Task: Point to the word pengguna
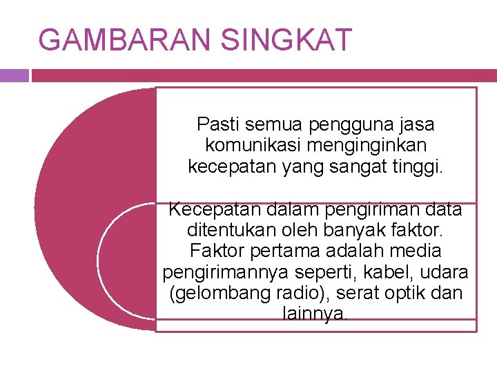coord(342,124)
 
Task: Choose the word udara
coord(446,272)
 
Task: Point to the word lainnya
coord(315,314)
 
